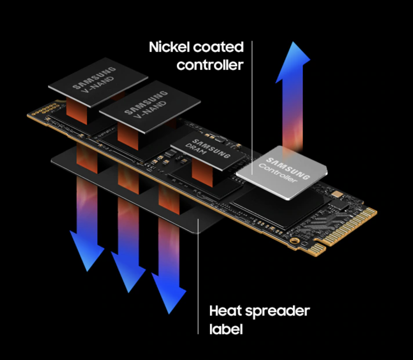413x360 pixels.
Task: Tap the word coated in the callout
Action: coord(218,47)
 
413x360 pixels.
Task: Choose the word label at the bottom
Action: coord(226,329)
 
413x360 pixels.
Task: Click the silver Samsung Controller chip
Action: coord(282,173)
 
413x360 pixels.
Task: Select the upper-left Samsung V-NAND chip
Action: coord(98,82)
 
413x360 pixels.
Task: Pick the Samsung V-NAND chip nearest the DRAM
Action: coord(150,107)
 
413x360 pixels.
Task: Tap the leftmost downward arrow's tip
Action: coord(87,271)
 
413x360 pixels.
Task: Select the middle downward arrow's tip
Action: coord(128,292)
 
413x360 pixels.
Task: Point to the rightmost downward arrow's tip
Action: coord(169,314)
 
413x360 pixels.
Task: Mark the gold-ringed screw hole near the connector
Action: coord(295,241)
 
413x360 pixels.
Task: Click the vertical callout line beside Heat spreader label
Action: coord(198,277)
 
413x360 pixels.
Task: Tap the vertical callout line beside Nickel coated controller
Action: coord(252,108)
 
